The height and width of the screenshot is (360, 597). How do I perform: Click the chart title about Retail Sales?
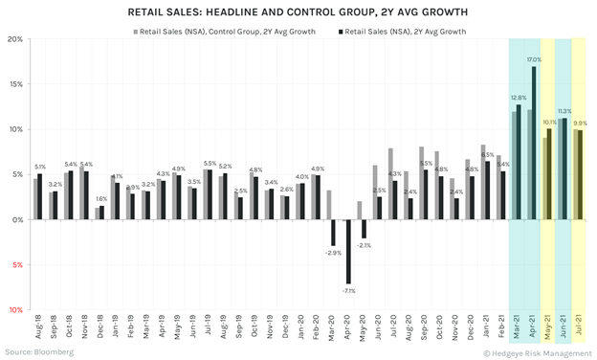298,12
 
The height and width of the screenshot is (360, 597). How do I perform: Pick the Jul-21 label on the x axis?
577,333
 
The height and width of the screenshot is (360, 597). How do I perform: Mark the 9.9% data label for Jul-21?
580,124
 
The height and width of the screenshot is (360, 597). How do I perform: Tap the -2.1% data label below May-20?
365,245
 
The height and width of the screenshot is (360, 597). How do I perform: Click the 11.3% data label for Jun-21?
564,111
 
